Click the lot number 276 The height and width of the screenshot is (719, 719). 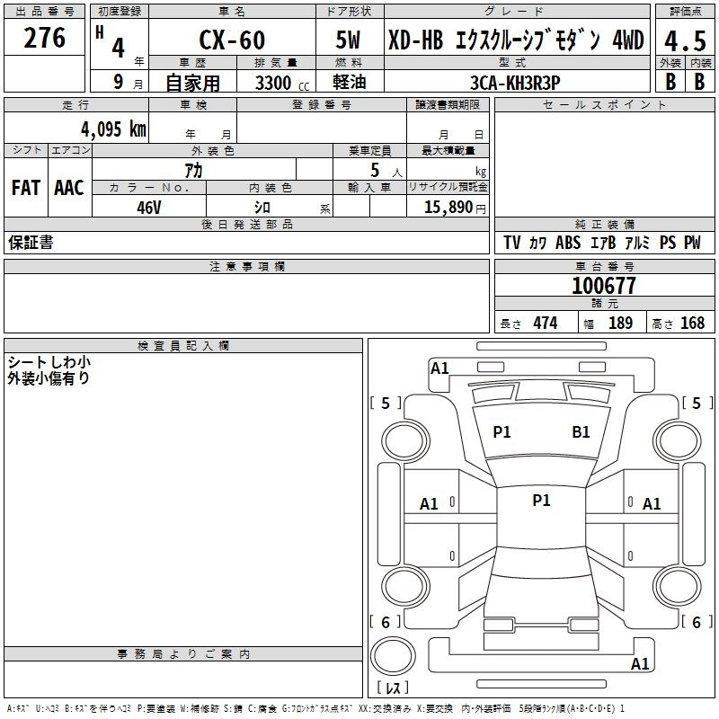point(44,38)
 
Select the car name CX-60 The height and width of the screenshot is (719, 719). point(232,40)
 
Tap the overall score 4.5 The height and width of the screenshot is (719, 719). point(685,40)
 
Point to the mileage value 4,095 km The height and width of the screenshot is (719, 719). point(114,129)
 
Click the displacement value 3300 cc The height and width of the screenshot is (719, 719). point(282,83)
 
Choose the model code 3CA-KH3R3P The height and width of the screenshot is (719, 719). point(515,83)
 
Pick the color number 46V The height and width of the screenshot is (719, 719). point(149,208)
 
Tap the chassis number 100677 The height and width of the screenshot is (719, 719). point(604,286)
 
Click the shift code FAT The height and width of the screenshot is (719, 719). point(26,188)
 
